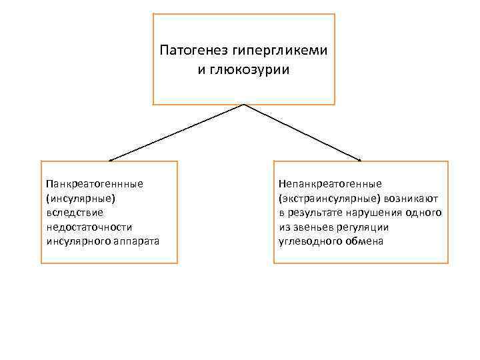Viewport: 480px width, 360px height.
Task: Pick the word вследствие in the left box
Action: coord(73,212)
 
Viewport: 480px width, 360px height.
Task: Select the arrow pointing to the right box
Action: coord(303,133)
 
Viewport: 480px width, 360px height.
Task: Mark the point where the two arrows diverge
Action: coord(244,105)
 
